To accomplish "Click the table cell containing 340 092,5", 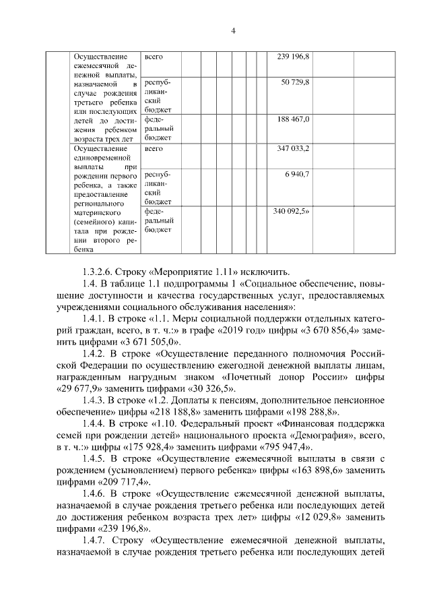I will click(x=290, y=212).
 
